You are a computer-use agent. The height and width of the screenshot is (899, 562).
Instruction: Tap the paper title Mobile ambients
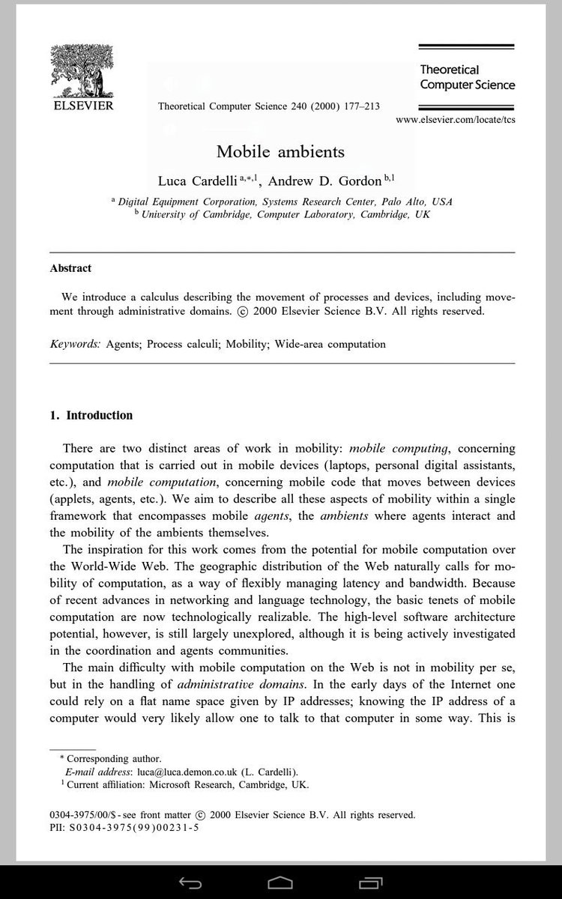point(280,152)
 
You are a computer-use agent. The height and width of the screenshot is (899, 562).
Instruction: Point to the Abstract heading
point(70,268)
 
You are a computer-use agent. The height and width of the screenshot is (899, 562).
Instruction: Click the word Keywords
point(75,345)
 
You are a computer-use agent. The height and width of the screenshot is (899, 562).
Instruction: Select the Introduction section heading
point(91,416)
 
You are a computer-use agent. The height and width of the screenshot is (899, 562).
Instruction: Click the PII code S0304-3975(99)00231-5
point(133,828)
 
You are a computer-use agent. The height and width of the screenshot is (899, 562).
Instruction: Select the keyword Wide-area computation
point(330,345)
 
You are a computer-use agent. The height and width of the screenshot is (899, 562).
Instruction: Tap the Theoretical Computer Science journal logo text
point(467,77)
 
